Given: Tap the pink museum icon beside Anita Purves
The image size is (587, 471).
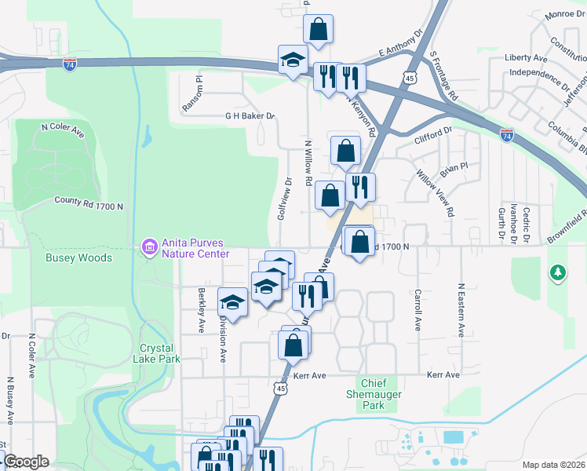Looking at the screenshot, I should pyautogui.click(x=148, y=248).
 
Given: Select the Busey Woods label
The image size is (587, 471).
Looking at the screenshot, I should pyautogui.click(x=78, y=257).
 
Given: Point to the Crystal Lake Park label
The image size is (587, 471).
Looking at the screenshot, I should pyautogui.click(x=160, y=353).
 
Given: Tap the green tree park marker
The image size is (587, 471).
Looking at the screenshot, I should pyautogui.click(x=557, y=272).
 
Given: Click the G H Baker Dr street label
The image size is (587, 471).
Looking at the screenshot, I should pyautogui.click(x=250, y=116).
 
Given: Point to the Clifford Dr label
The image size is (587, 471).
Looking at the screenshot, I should pyautogui.click(x=433, y=136).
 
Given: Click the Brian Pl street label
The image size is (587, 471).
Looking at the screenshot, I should pyautogui.click(x=454, y=167).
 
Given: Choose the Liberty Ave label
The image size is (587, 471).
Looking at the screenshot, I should pyautogui.click(x=526, y=58).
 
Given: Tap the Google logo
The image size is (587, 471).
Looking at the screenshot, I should pyautogui.click(x=26, y=462).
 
